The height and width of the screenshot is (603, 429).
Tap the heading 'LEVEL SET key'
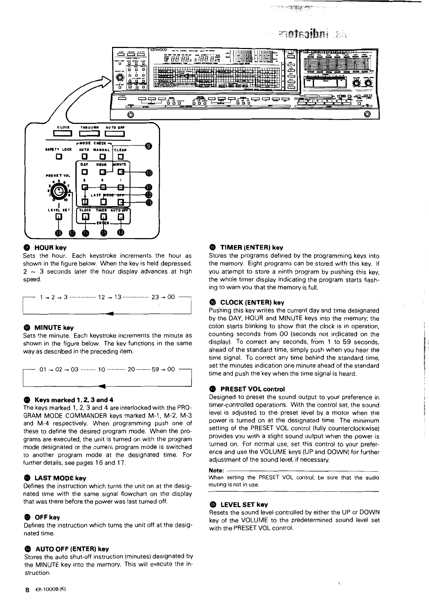point(244,505)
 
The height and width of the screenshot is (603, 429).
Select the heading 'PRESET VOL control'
point(252,389)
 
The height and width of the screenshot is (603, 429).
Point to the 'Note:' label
point(216,470)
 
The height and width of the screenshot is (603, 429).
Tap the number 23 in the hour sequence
point(155,297)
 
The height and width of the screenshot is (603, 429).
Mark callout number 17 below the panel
point(72,233)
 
